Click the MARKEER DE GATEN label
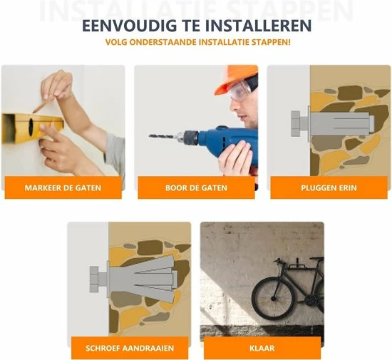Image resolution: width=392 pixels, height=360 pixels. coord(63,188)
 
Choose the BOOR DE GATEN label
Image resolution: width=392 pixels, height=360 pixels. coord(196,188)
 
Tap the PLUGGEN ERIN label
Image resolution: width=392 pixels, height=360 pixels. coord(329,188)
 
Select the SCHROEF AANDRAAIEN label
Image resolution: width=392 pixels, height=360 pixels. coord(129,348)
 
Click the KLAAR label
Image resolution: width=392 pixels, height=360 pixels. coord(262,348)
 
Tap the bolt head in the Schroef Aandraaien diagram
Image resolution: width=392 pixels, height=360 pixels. coord(95,279)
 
